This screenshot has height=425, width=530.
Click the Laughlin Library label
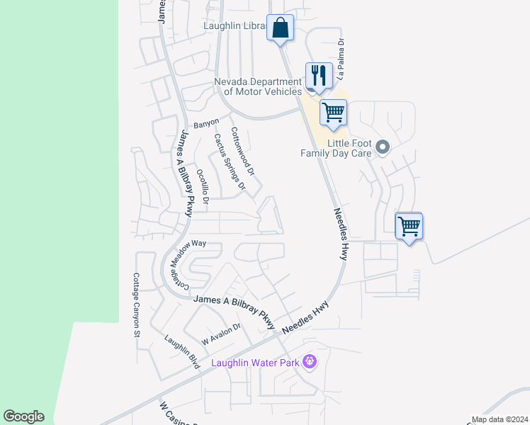(x=233, y=27)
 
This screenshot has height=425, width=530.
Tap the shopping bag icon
(x=280, y=28)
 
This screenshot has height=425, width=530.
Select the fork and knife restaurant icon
(x=319, y=75)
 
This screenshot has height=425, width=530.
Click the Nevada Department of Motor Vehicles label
(x=258, y=86)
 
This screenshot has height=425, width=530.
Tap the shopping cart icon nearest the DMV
(x=333, y=113)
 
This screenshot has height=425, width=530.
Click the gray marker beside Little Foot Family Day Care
(x=383, y=147)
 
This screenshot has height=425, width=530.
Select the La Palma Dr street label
(x=341, y=52)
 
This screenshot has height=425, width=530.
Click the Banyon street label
(x=206, y=123)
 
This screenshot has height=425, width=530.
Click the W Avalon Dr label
(x=221, y=334)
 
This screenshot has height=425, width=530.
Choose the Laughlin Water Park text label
(x=256, y=363)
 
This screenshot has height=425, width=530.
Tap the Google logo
(x=23, y=416)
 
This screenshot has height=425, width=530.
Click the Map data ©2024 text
(x=500, y=419)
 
